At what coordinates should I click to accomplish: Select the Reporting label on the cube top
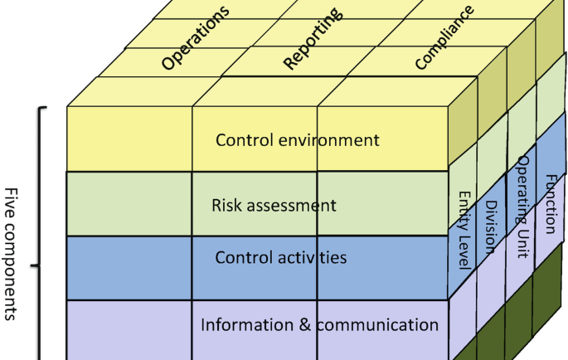[312, 39]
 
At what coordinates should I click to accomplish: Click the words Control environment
[297, 140]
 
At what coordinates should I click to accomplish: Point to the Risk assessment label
[274, 205]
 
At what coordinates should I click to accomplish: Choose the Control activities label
[280, 257]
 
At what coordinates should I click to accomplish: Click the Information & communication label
[319, 324]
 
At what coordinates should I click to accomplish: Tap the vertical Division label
[491, 226]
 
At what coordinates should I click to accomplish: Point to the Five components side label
[12, 253]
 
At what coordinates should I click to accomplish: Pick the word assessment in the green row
[296, 205]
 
